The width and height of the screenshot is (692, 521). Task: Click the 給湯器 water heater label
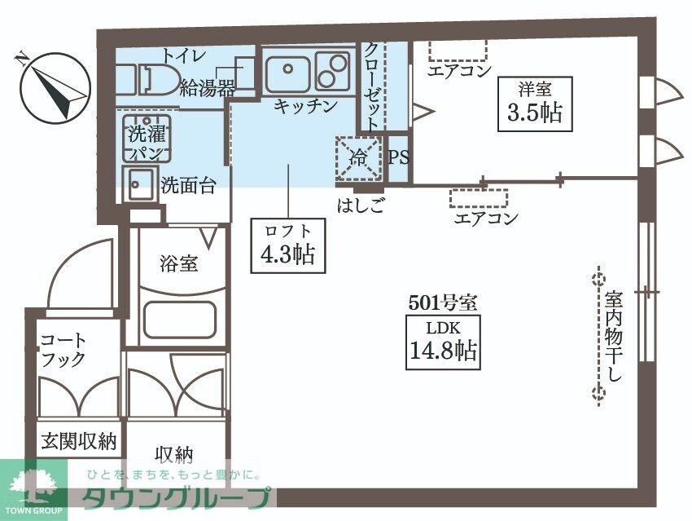pos(208,87)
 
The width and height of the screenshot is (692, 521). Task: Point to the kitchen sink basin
pos(286,72)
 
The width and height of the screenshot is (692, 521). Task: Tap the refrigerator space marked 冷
pos(358,157)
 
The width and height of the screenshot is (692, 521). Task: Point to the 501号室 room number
pos(442,302)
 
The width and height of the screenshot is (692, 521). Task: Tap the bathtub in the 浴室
pos(179,319)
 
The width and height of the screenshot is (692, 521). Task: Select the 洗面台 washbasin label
pos(188,185)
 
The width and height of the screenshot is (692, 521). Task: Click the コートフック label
pos(64,349)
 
